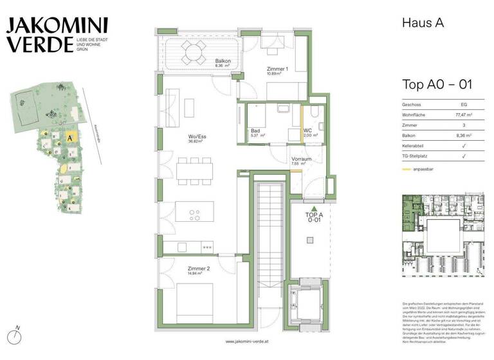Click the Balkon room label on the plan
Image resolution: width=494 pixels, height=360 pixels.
223,62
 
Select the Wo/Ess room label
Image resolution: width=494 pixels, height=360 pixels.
196,138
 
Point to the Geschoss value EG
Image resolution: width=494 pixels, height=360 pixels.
464,104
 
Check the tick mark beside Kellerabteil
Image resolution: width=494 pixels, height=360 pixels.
464,147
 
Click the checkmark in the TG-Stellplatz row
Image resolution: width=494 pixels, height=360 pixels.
464,158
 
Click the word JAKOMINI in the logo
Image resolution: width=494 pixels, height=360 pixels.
57,26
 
